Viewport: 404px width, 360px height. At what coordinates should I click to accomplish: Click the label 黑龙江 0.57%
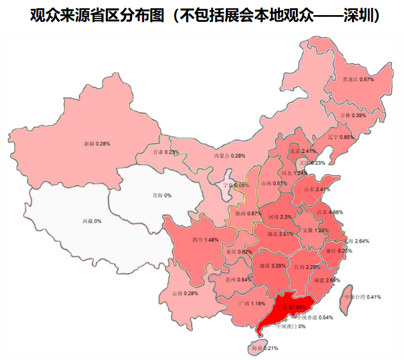[358, 80]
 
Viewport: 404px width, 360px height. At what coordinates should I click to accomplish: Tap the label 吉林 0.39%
[353, 115]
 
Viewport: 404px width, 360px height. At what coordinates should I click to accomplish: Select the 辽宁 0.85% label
[341, 137]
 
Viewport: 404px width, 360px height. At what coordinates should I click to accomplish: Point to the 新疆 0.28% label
[97, 144]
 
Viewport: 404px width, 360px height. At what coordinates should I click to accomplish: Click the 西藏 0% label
[92, 222]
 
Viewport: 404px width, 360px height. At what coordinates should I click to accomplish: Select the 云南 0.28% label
[185, 293]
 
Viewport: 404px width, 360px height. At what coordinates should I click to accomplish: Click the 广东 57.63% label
[290, 307]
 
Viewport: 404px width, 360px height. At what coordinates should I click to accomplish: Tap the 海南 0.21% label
[262, 348]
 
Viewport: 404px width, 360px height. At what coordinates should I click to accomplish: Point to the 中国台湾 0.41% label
[362, 297]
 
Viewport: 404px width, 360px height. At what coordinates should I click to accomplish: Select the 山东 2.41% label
[317, 189]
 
